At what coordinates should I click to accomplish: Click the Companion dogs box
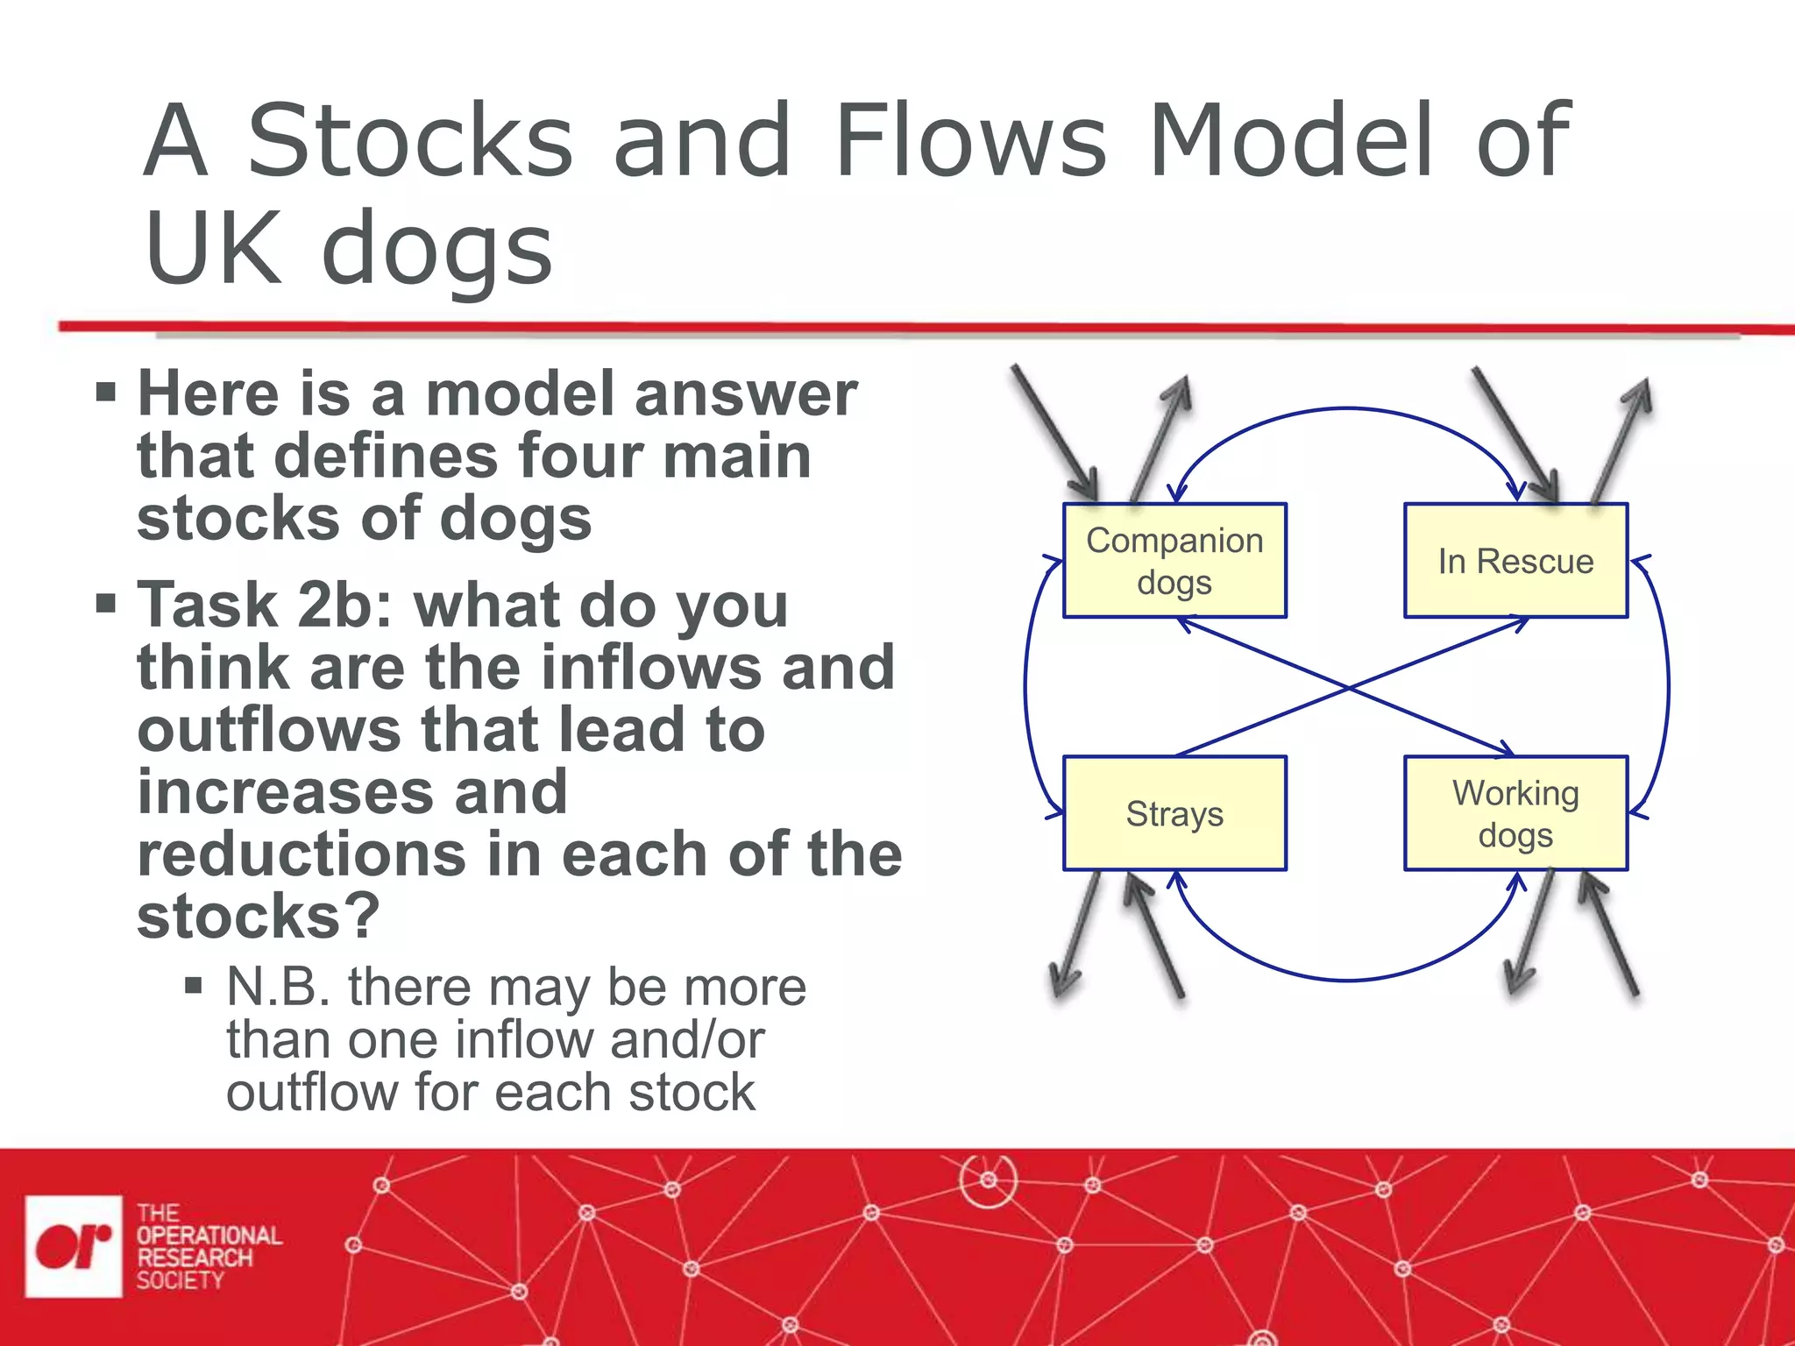click(1174, 561)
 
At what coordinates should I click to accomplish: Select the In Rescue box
click(1515, 561)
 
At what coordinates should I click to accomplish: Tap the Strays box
click(1174, 813)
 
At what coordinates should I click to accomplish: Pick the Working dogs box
click(1515, 813)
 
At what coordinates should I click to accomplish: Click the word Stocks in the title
click(410, 140)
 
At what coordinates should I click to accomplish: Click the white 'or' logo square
click(74, 1245)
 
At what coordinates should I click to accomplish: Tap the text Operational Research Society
click(209, 1247)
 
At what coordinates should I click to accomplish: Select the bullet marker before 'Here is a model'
click(106, 391)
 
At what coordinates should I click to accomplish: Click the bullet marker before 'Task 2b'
click(106, 603)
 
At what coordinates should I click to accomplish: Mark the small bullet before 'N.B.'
click(194, 987)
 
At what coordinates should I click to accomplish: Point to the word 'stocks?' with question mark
click(259, 917)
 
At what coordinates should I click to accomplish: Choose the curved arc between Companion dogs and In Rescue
click(1347, 408)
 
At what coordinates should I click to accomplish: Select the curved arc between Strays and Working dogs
click(1347, 980)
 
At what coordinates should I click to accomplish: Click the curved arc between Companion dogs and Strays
click(1026, 687)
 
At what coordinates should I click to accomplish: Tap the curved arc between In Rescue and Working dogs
click(1668, 687)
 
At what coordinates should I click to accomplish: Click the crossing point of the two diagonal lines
click(1347, 688)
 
